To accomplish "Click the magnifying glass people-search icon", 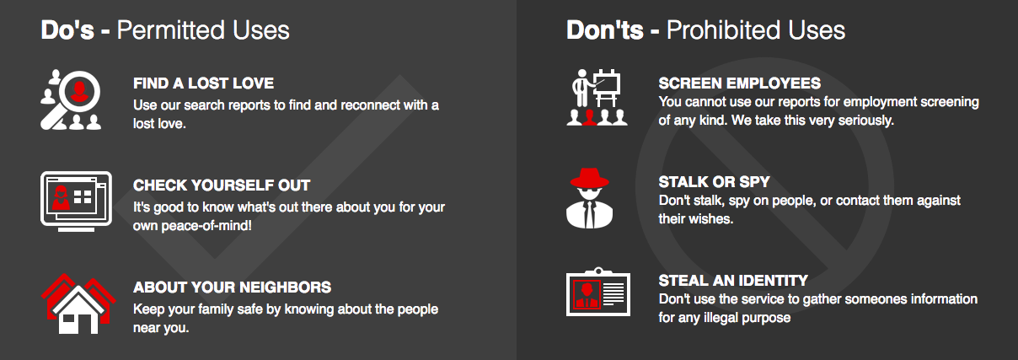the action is [71, 99].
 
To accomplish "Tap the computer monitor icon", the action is [76, 201].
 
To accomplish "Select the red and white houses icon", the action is [78, 304].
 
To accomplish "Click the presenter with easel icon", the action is [597, 97].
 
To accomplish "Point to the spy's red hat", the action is [589, 178].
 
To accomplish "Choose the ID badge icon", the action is [598, 292].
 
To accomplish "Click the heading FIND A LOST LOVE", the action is [204, 83].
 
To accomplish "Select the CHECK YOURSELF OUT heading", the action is [222, 185].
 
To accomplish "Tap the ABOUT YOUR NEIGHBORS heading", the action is [233, 287].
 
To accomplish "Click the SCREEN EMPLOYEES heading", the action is [739, 83].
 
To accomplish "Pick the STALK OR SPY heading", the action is [714, 182].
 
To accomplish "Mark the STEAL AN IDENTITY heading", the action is [733, 281].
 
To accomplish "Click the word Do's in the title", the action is [67, 30].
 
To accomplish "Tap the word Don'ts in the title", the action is [605, 30].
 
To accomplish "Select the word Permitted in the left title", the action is [171, 30].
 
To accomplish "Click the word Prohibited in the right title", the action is [724, 30].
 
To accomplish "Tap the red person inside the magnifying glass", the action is [79, 90].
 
